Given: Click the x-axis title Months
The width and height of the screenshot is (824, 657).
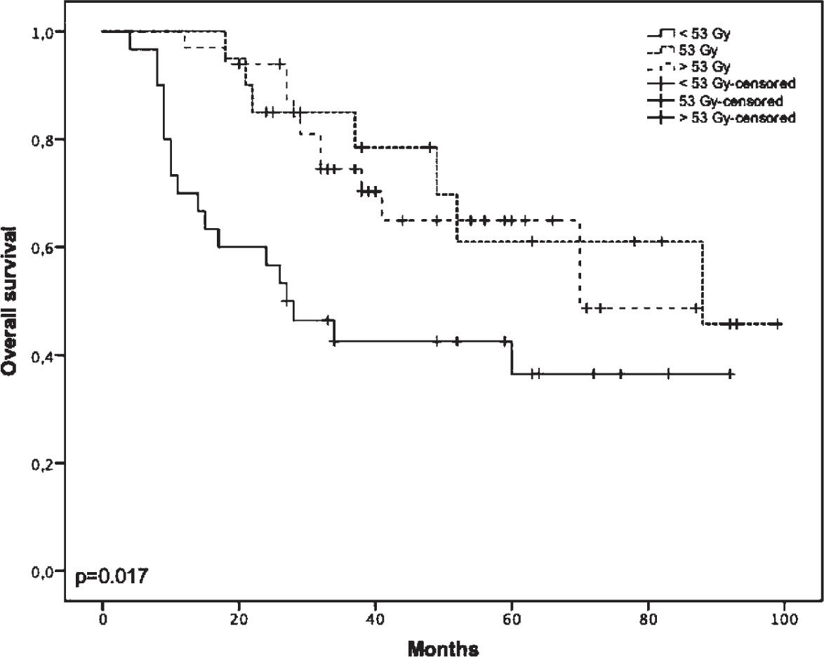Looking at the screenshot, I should coord(443,648).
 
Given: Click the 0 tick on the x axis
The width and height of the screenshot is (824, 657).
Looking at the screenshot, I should coord(102,620).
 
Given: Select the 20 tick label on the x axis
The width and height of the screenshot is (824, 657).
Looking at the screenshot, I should coord(239,620).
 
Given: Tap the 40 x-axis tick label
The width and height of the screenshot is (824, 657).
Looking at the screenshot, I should coord(376,620).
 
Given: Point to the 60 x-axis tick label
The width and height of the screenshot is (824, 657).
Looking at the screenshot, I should coord(512,620).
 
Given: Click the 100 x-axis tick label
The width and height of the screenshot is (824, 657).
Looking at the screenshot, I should coord(784,620).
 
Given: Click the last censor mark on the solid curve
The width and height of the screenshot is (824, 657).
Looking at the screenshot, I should coord(731,374).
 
